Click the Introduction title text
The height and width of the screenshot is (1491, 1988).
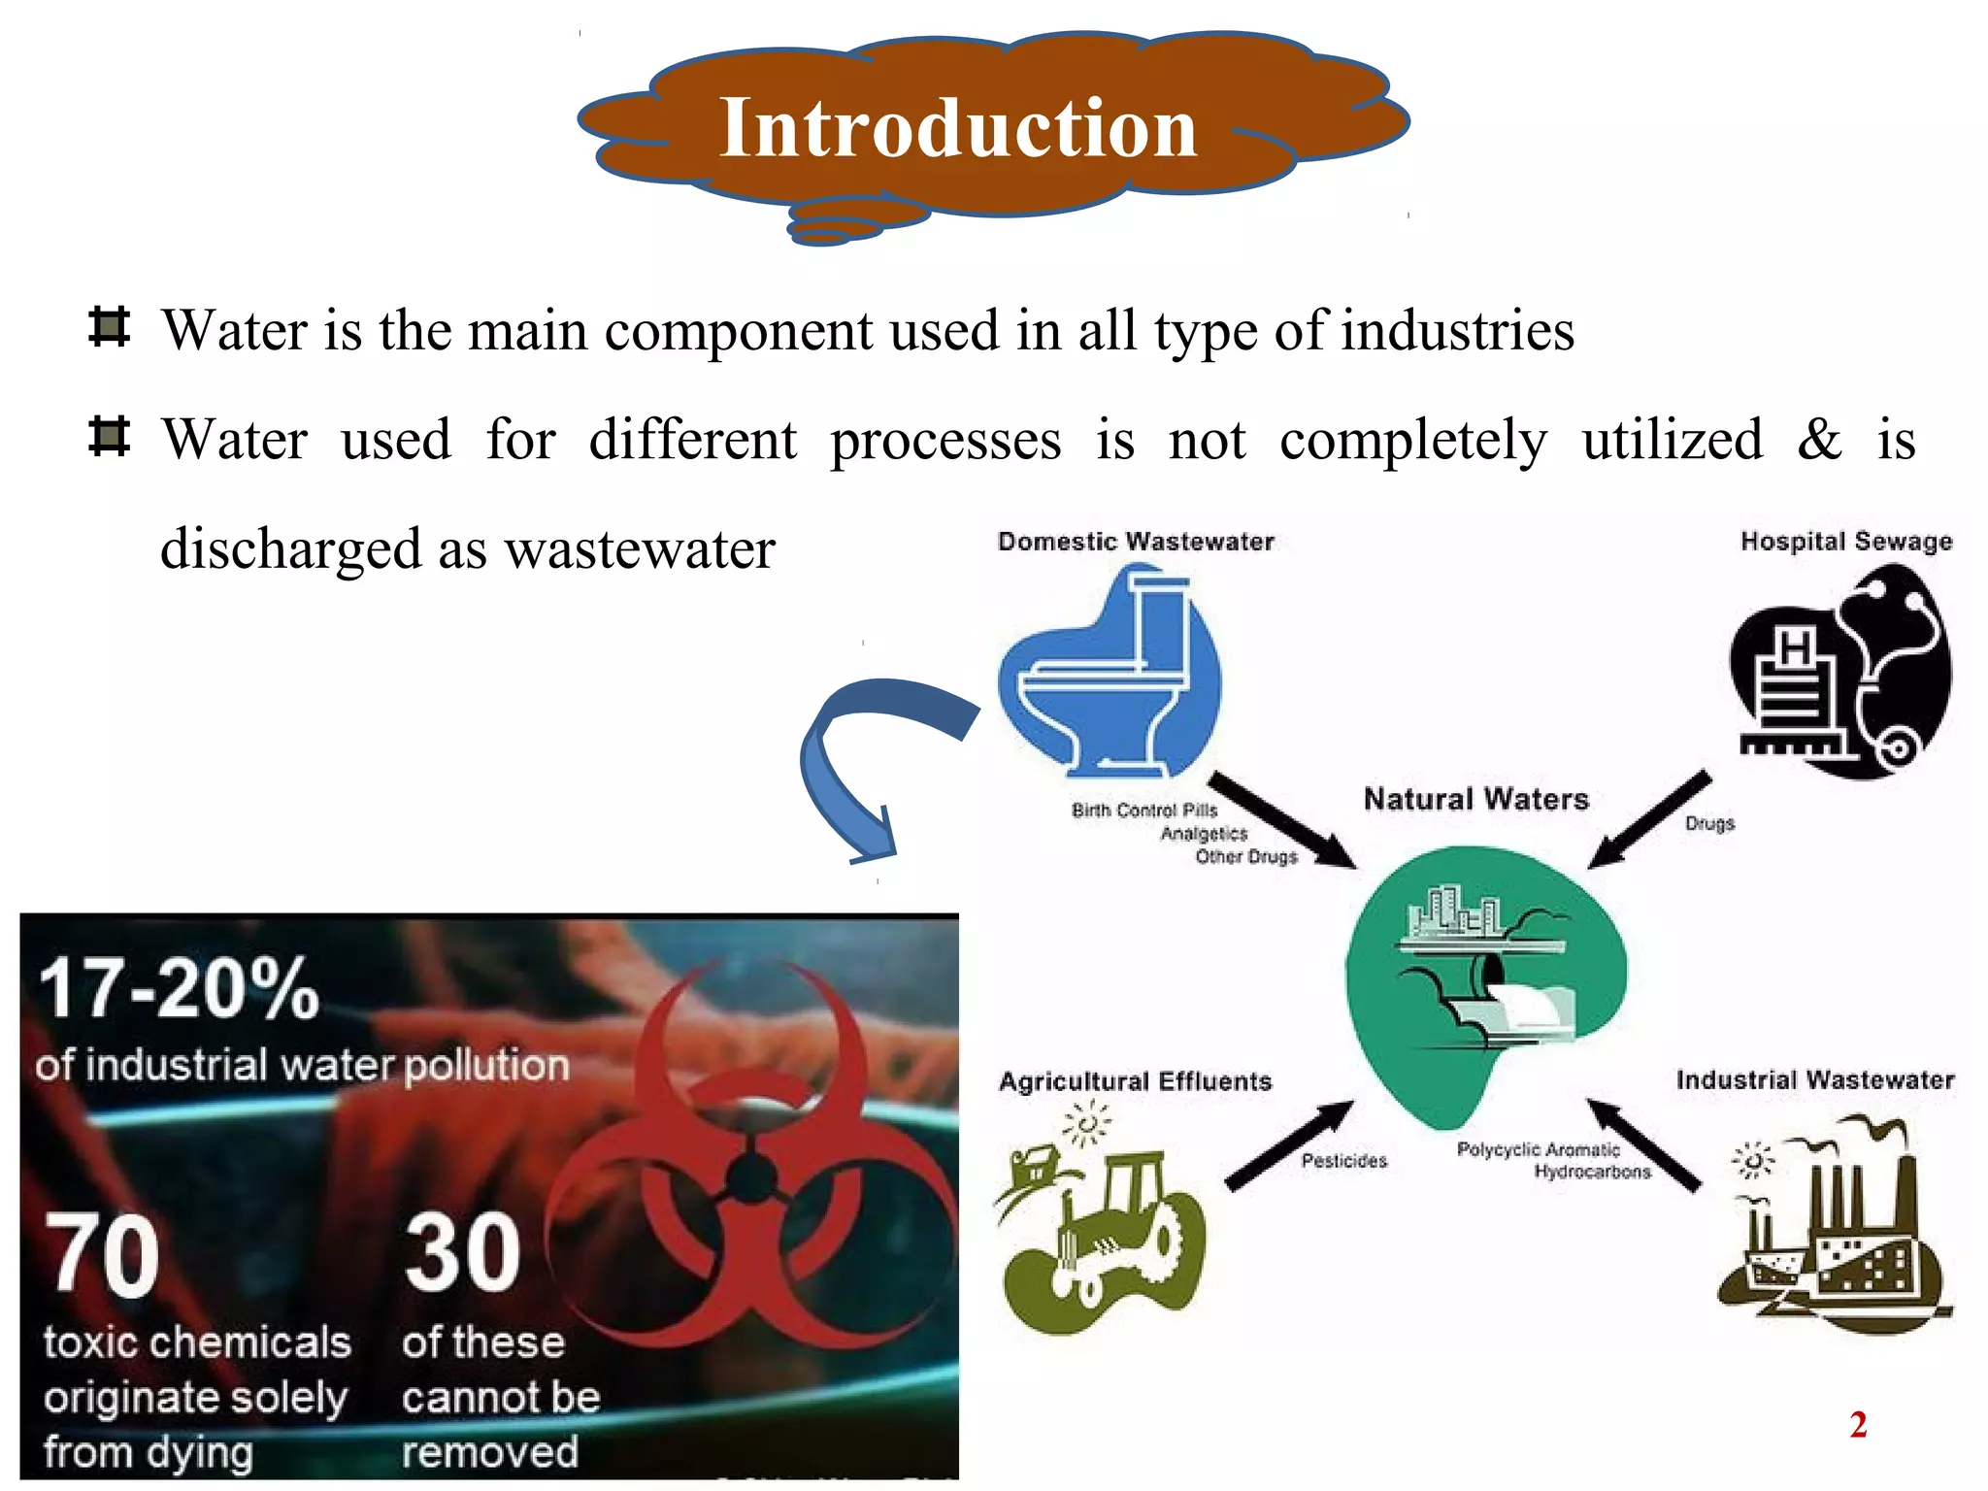pyautogui.click(x=958, y=128)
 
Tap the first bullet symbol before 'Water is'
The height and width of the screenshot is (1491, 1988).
pyautogui.click(x=109, y=327)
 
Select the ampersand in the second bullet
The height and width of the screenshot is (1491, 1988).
pyautogui.click(x=1818, y=439)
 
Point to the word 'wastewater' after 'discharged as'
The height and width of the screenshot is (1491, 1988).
pyautogui.click(x=640, y=549)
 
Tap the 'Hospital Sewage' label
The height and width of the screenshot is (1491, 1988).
pyautogui.click(x=1845, y=541)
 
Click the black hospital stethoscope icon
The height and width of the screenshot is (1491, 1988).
pyautogui.click(x=1840, y=673)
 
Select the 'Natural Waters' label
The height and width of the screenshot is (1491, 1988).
pyautogui.click(x=1475, y=799)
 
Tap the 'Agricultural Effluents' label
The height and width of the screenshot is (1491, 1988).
pyautogui.click(x=1135, y=1081)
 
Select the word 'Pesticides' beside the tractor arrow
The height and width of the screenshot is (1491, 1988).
pyautogui.click(x=1343, y=1160)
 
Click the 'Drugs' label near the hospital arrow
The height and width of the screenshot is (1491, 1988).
pyautogui.click(x=1709, y=823)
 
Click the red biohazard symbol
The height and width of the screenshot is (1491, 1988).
pyautogui.click(x=752, y=1165)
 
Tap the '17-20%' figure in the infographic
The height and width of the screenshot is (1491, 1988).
pyautogui.click(x=180, y=989)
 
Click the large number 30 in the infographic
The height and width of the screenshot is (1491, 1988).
pyautogui.click(x=462, y=1253)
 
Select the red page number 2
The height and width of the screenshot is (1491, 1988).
pyautogui.click(x=1858, y=1425)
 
